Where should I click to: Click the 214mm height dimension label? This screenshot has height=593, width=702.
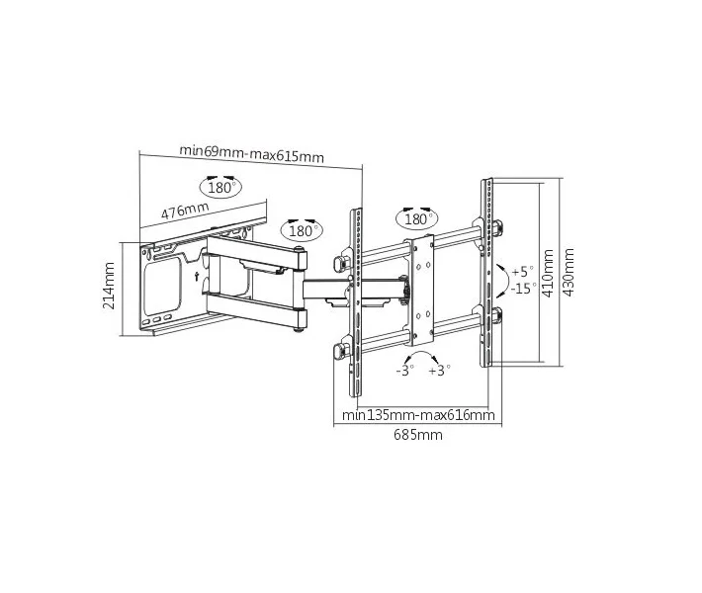pos(109,286)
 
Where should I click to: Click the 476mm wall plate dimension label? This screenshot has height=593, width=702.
pos(185,210)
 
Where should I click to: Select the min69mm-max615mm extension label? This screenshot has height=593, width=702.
pos(251,153)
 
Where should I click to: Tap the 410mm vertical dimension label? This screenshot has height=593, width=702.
pos(548,274)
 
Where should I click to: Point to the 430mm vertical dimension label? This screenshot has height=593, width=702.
pos(569,272)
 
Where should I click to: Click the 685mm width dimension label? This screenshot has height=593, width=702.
pos(418,435)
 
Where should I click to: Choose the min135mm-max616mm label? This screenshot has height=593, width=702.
pos(418,415)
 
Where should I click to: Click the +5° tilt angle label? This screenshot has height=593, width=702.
pos(522,271)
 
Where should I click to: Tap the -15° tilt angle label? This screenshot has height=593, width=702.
pos(523,288)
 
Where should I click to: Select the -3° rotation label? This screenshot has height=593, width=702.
pos(404,371)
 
